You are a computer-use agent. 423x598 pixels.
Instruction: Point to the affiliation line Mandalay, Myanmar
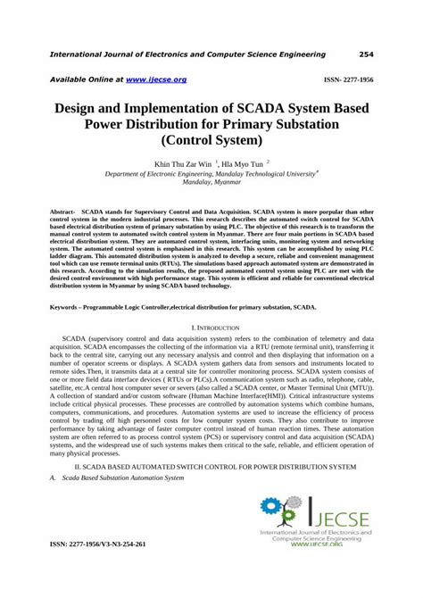pos(211,187)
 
